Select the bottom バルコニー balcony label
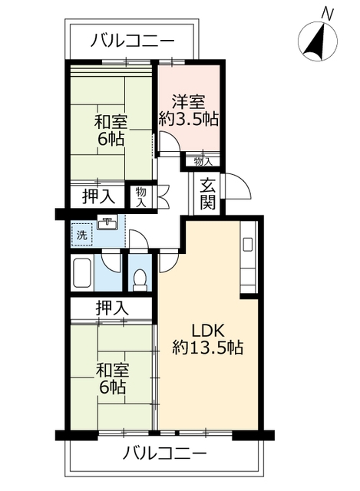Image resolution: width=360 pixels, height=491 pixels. [x=165, y=453]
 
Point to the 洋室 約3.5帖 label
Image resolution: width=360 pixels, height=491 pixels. [x=189, y=110]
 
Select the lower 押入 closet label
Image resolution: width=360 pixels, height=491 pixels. [x=112, y=308]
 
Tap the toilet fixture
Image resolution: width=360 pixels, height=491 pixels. [x=140, y=278]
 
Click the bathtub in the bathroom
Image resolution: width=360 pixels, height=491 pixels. [x=83, y=273]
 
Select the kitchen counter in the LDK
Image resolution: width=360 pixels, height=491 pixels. [x=248, y=257]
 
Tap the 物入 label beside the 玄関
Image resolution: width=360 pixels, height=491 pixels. [x=203, y=161]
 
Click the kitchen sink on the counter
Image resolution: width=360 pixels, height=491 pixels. [x=247, y=245]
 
